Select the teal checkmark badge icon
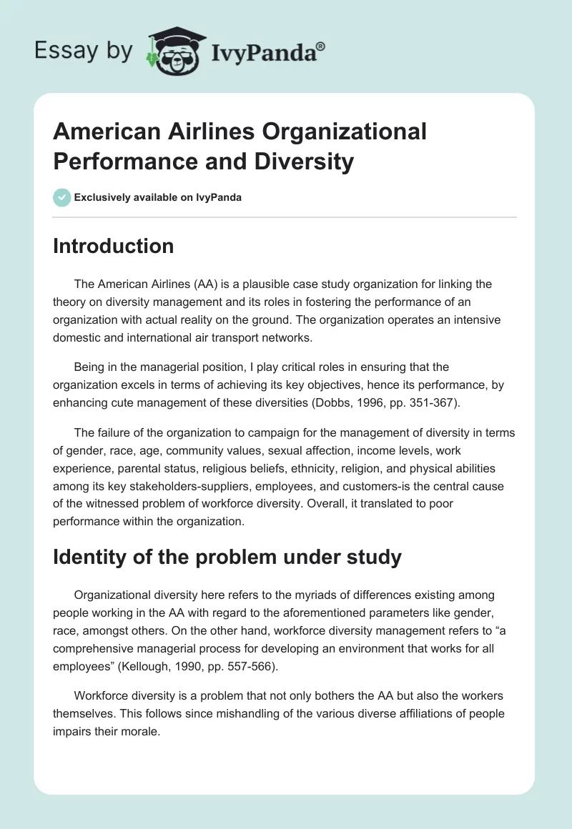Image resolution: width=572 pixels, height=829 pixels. point(61,197)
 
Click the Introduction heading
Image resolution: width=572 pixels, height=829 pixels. point(113,246)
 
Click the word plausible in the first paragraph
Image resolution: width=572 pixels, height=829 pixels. point(256,284)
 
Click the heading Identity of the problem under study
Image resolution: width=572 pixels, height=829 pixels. point(227,557)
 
